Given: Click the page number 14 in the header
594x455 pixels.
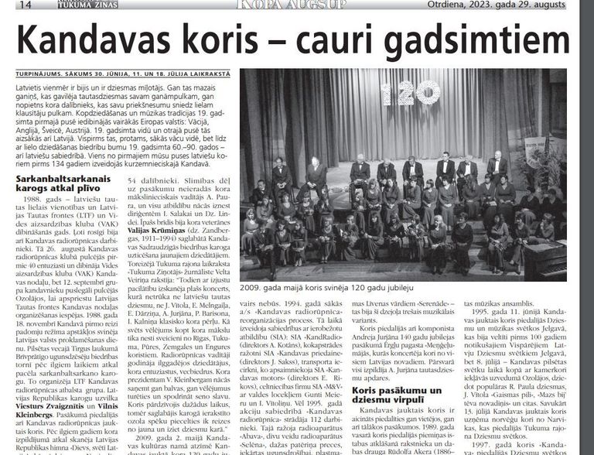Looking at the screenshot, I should pos(25,5).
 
